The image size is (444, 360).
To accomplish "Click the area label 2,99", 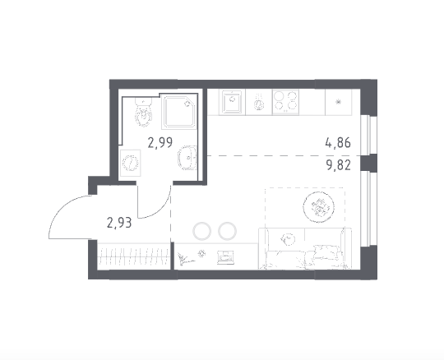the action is coord(160,142).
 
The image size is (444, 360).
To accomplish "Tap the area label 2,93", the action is coord(119,223).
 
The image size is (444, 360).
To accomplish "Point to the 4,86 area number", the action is coord(338,143).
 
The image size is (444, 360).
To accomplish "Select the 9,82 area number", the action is coord(339,165).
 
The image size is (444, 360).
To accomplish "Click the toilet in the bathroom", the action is coord(144,113).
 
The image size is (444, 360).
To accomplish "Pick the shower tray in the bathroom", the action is coord(179,113).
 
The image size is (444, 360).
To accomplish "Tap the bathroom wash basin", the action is coord(187,158).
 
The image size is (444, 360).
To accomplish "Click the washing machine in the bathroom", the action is coord(130,163).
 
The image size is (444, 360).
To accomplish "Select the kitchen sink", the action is coord(232,102).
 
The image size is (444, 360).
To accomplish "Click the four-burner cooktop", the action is coord(285,102).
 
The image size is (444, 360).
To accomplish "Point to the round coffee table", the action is coord(318,206).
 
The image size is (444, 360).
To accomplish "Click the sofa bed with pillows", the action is coord(305,248).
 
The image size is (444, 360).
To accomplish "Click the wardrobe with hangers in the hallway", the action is coord(134,256).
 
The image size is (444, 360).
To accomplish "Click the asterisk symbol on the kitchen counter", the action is coord(338,102).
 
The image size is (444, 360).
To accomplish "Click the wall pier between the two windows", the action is coord(368,163).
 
